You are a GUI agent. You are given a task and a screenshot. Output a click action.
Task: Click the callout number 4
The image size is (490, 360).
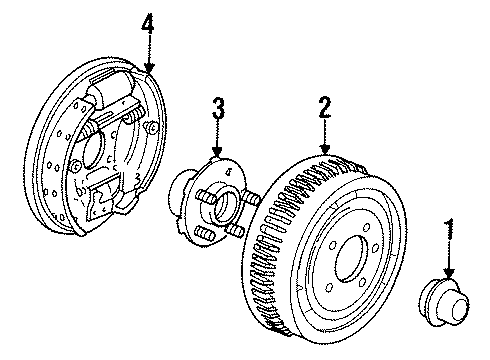[148, 23]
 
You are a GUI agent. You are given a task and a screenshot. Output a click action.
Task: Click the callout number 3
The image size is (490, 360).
[219, 108]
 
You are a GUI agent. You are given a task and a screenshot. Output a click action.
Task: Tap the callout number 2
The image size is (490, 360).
[325, 107]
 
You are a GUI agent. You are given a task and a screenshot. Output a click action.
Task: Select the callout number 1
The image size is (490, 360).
[450, 229]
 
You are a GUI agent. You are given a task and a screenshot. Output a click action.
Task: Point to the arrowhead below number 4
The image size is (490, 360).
[149, 68]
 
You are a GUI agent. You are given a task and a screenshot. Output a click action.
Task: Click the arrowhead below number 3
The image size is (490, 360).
[217, 152]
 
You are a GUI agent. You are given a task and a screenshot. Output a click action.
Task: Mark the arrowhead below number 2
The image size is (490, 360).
[325, 149]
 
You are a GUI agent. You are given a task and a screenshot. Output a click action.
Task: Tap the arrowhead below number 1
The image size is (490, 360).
[450, 273]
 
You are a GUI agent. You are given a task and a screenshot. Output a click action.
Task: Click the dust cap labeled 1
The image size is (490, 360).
[444, 303]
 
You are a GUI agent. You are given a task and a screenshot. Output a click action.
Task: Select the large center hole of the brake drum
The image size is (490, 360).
[351, 259]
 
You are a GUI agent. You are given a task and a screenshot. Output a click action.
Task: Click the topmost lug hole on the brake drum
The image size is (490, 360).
[366, 228]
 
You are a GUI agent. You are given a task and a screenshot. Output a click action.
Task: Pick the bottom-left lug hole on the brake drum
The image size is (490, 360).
[329, 287]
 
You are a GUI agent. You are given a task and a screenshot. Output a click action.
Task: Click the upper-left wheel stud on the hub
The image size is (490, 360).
[207, 196]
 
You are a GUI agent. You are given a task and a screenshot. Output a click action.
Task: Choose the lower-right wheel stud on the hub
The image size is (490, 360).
[235, 231]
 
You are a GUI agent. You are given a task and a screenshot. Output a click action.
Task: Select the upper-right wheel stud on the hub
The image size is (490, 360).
[250, 199]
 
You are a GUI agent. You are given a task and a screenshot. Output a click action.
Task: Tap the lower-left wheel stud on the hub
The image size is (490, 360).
[204, 232]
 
